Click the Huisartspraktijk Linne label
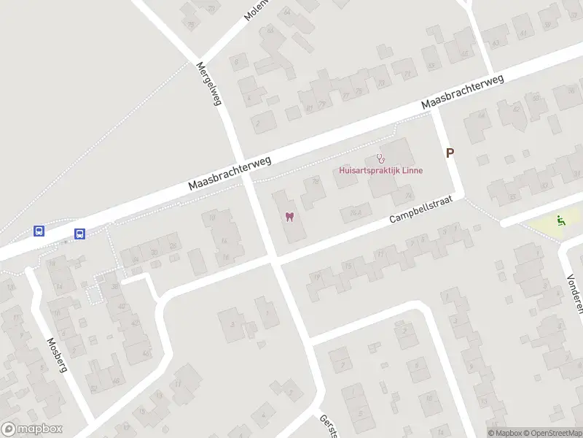click(x=381, y=170)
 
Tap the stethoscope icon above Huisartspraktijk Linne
click(x=380, y=158)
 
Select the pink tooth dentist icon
click(x=289, y=217)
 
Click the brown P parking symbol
click(x=450, y=153)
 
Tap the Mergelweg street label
click(x=208, y=83)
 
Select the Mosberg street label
click(x=57, y=355)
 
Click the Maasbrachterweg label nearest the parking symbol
click(x=463, y=96)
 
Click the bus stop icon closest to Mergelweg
click(x=79, y=234)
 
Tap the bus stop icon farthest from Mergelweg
click(x=39, y=231)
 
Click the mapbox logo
click(x=31, y=429)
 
